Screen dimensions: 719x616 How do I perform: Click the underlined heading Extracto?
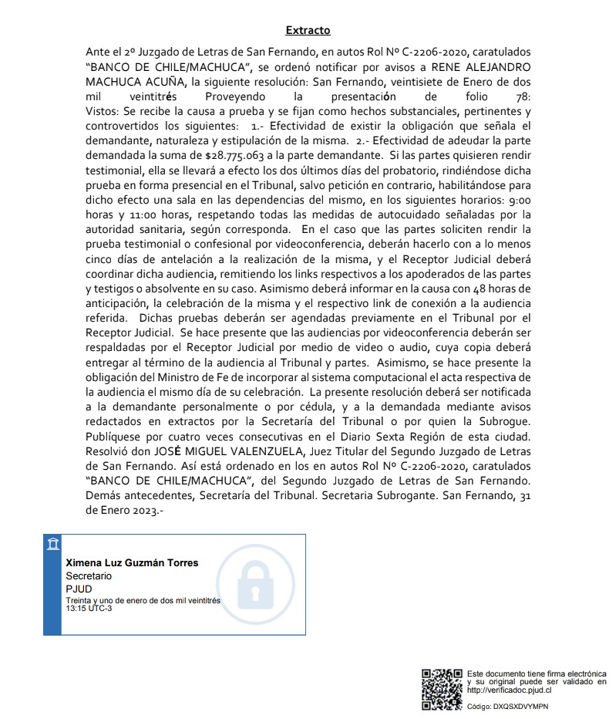click(x=308, y=30)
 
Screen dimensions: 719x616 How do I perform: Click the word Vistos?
click(x=103, y=111)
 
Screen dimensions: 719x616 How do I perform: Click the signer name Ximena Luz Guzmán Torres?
click(x=132, y=562)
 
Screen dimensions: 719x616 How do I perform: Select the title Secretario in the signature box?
click(x=89, y=576)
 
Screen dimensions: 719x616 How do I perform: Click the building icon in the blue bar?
click(x=52, y=546)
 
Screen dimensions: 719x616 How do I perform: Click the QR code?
click(x=442, y=690)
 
